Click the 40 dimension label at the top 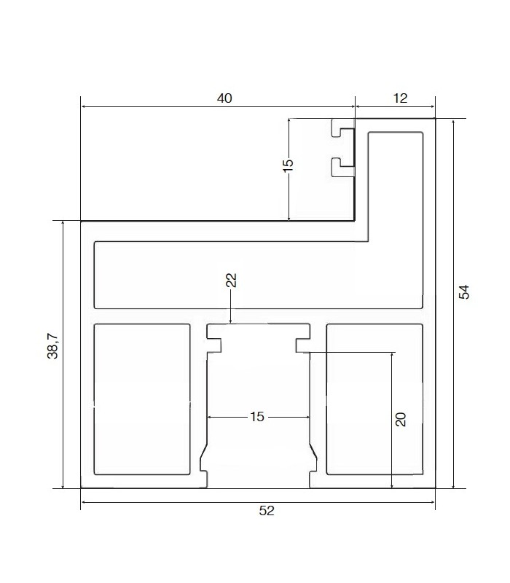tap(224, 98)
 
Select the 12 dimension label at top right tap(400, 98)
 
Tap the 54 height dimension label tap(464, 292)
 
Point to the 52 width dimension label tap(267, 511)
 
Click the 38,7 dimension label tap(52, 345)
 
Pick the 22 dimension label tap(231, 280)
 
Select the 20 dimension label tap(401, 419)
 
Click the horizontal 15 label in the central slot tap(257, 417)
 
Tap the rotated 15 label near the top tap(288, 165)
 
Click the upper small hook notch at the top tap(342, 128)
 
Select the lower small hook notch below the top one tap(342, 167)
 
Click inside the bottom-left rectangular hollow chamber tap(142, 399)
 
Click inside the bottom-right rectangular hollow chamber tap(374, 399)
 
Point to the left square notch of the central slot tap(214, 345)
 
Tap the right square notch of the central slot tap(302, 345)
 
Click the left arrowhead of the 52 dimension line tap(84, 502)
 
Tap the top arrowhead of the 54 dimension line tap(453, 123)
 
